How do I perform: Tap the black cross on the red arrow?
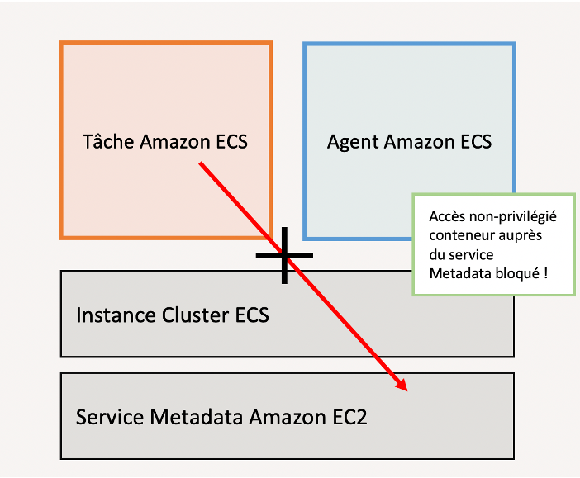[x=284, y=255]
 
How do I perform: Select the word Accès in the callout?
[x=446, y=216]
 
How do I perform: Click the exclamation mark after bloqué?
[x=546, y=272]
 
